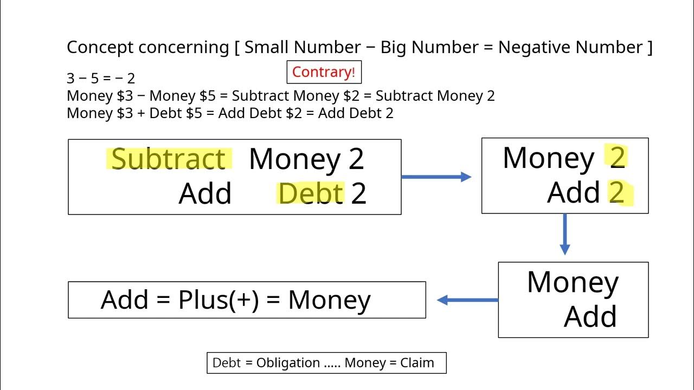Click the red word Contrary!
(x=323, y=72)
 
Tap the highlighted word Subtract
(x=168, y=159)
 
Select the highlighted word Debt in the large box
(x=311, y=193)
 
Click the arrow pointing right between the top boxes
(x=436, y=177)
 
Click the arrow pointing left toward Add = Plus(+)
(x=467, y=300)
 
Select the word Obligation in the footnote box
(x=287, y=363)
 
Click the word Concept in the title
(x=100, y=47)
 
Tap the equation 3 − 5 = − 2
(x=100, y=78)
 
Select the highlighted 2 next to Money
(x=618, y=158)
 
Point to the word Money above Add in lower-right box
(x=573, y=282)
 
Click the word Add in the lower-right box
(x=590, y=316)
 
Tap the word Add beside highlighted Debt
(x=205, y=193)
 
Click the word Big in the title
(x=394, y=47)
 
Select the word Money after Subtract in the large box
(x=294, y=159)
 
